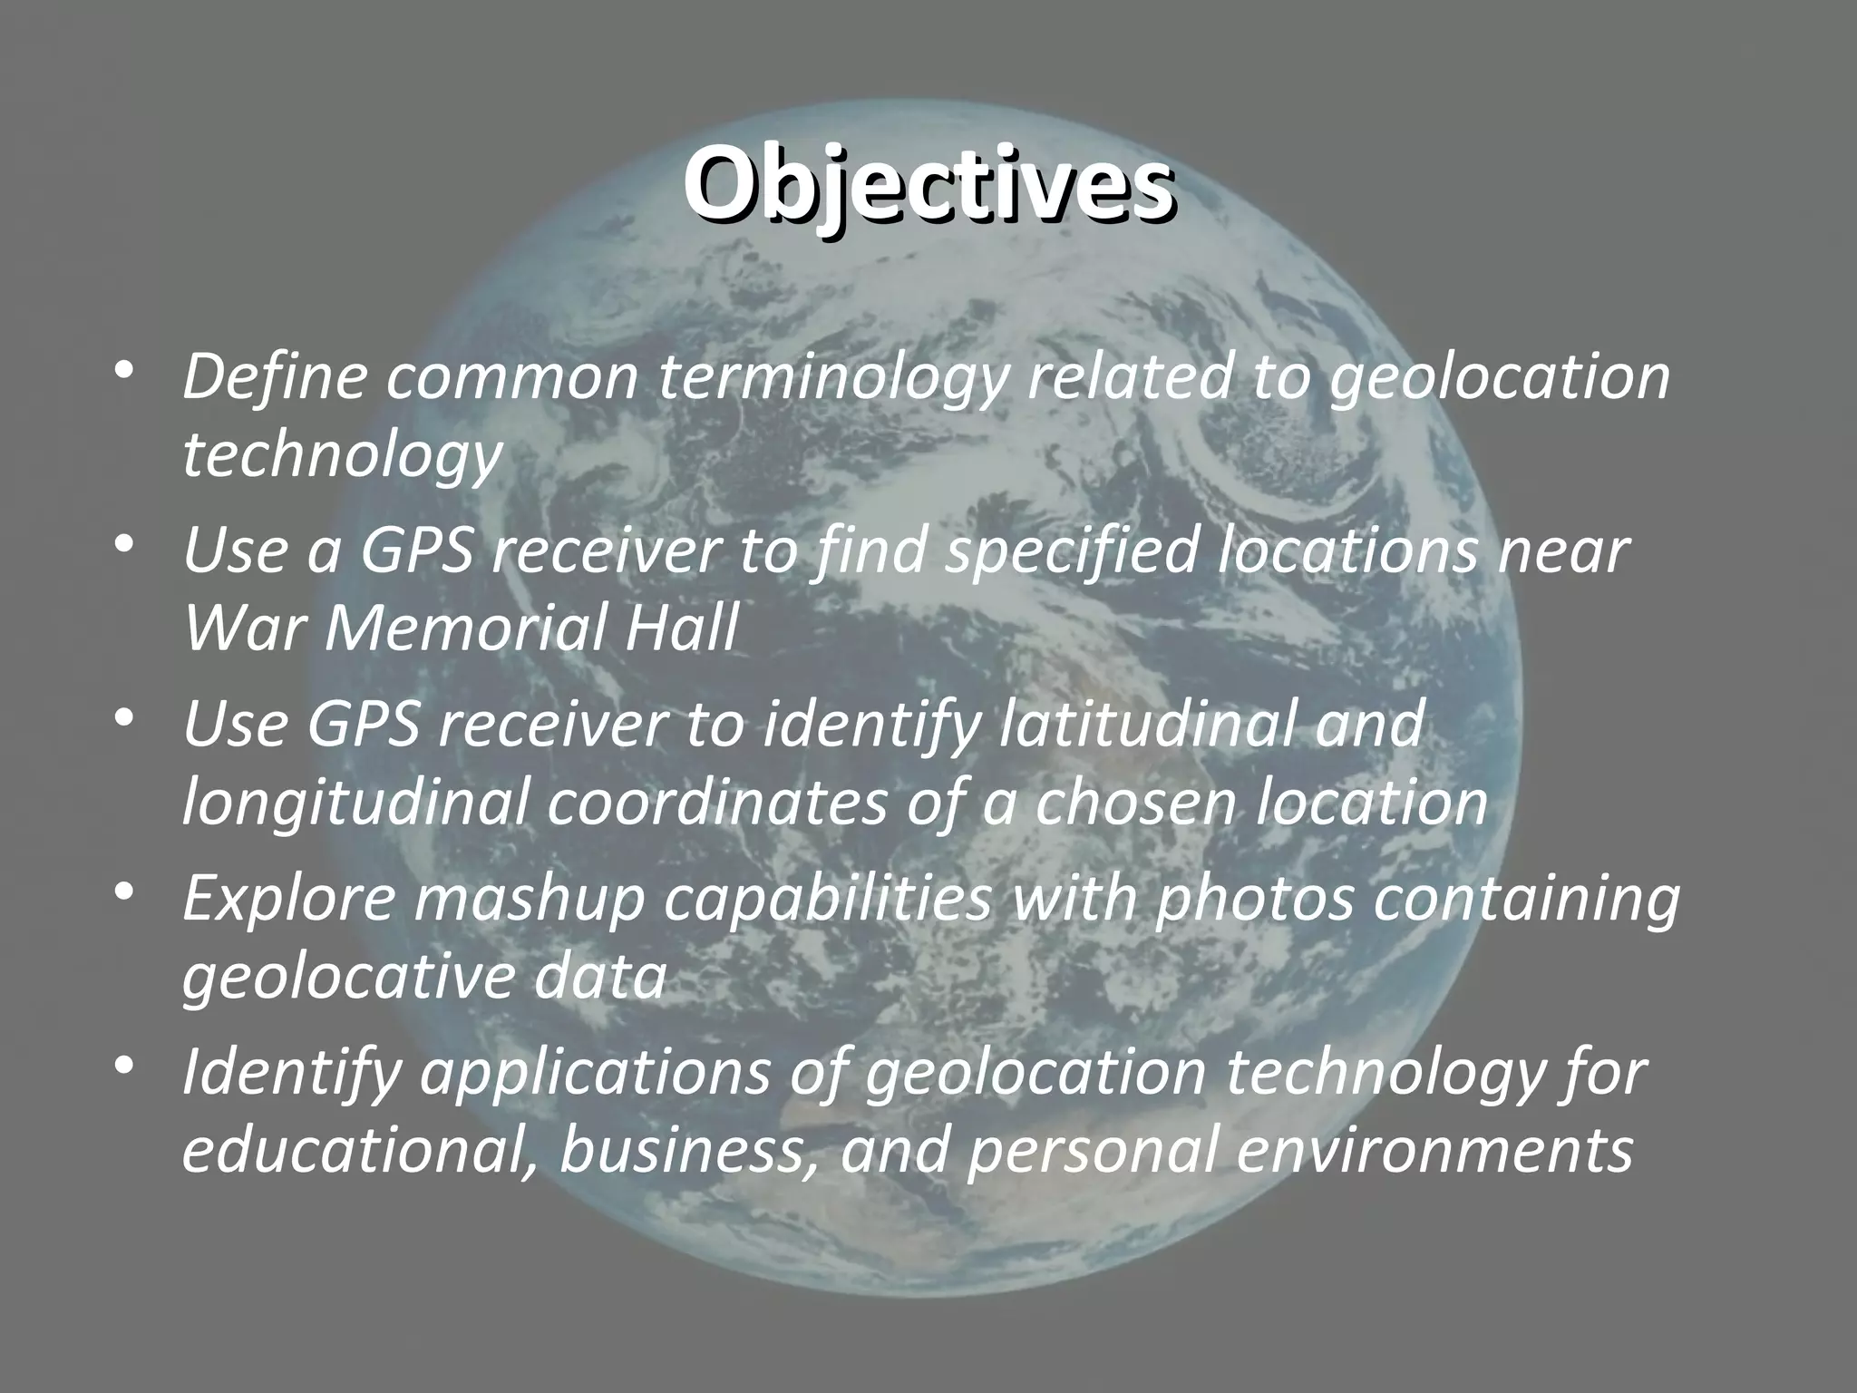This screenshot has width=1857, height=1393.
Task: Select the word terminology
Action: pos(832,379)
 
